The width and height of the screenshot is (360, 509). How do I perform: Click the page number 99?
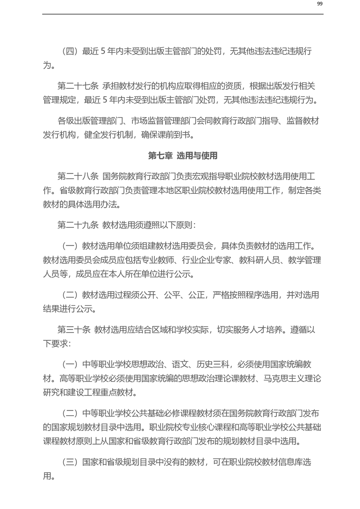click(x=320, y=4)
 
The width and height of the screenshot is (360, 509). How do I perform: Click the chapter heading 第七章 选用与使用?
click(x=183, y=156)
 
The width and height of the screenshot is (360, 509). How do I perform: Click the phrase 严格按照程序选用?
click(x=246, y=295)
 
